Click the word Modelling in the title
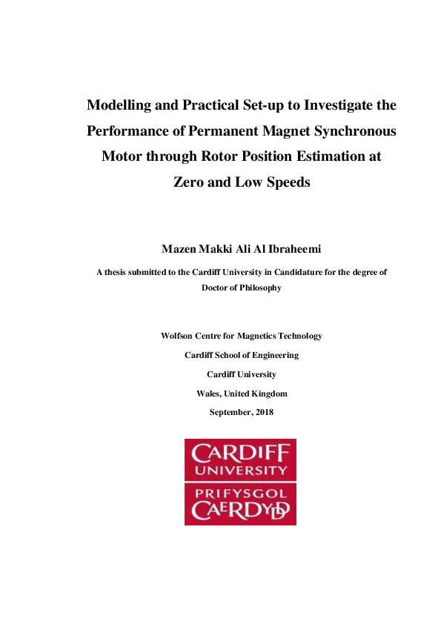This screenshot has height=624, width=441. click(x=120, y=105)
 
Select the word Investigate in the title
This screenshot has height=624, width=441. click(x=331, y=105)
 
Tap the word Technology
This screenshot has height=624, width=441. click(x=299, y=336)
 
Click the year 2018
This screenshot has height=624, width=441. click(x=264, y=412)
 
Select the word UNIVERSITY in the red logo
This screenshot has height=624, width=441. click(x=240, y=470)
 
